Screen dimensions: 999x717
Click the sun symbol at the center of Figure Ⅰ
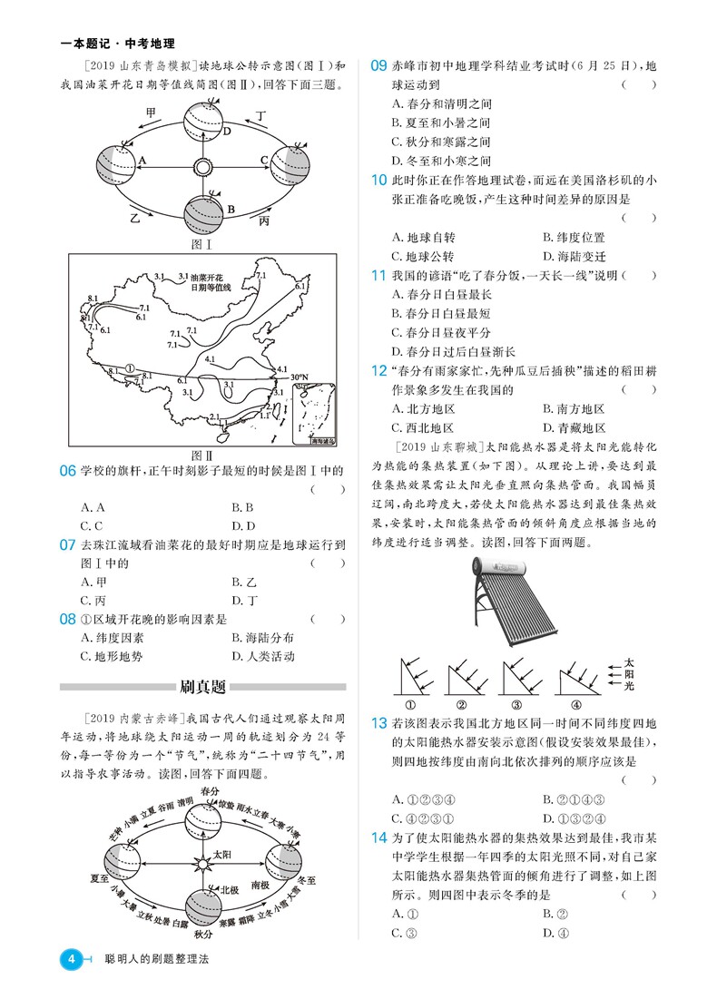[202, 167]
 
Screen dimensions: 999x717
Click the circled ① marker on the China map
[130, 370]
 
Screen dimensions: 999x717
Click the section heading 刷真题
[202, 687]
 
